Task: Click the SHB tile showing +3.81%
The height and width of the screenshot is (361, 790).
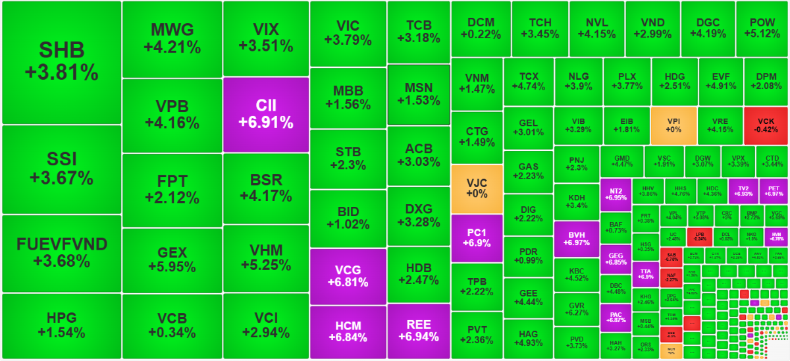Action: coord(62,62)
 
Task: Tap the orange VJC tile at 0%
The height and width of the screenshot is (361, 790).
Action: coord(477,188)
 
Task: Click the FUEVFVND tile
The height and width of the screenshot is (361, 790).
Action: coord(62,253)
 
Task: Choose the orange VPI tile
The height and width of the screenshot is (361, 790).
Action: coord(673,125)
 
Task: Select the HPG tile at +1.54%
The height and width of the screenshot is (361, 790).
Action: coord(62,325)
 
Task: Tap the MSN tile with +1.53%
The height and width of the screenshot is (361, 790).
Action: coord(419,94)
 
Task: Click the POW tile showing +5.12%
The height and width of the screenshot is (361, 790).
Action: coord(762,28)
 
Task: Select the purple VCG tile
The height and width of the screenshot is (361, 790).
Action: coord(348,276)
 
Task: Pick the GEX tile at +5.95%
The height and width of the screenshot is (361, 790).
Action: coord(172,260)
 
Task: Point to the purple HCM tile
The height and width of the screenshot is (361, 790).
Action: coord(348,331)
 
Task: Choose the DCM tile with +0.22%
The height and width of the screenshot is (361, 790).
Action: coord(481,28)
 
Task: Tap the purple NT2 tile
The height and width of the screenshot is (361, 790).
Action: coord(616,194)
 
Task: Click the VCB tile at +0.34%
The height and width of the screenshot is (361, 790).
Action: coord(172,325)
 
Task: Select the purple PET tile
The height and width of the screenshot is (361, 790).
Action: coord(773,190)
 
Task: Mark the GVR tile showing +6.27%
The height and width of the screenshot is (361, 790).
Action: coord(576,310)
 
